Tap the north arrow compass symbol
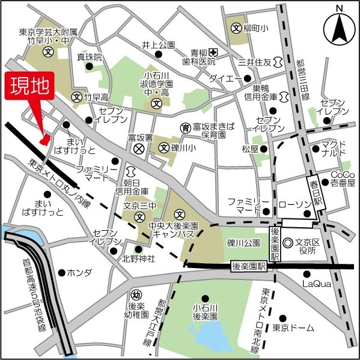(x=339, y=28)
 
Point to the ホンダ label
(x=79, y=272)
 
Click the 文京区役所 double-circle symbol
(x=288, y=243)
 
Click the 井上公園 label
(x=158, y=45)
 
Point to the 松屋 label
(x=250, y=148)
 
